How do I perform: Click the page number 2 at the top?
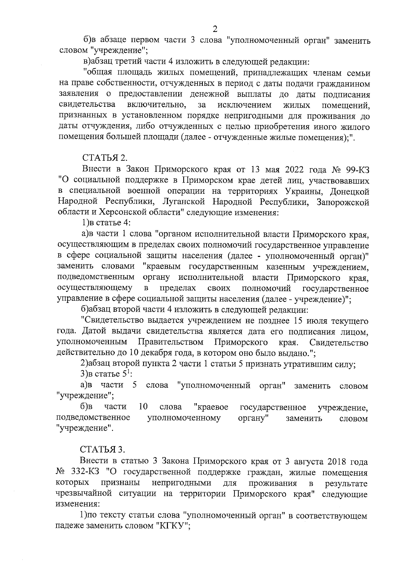coord(214,29)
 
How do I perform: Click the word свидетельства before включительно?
coord(87,105)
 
